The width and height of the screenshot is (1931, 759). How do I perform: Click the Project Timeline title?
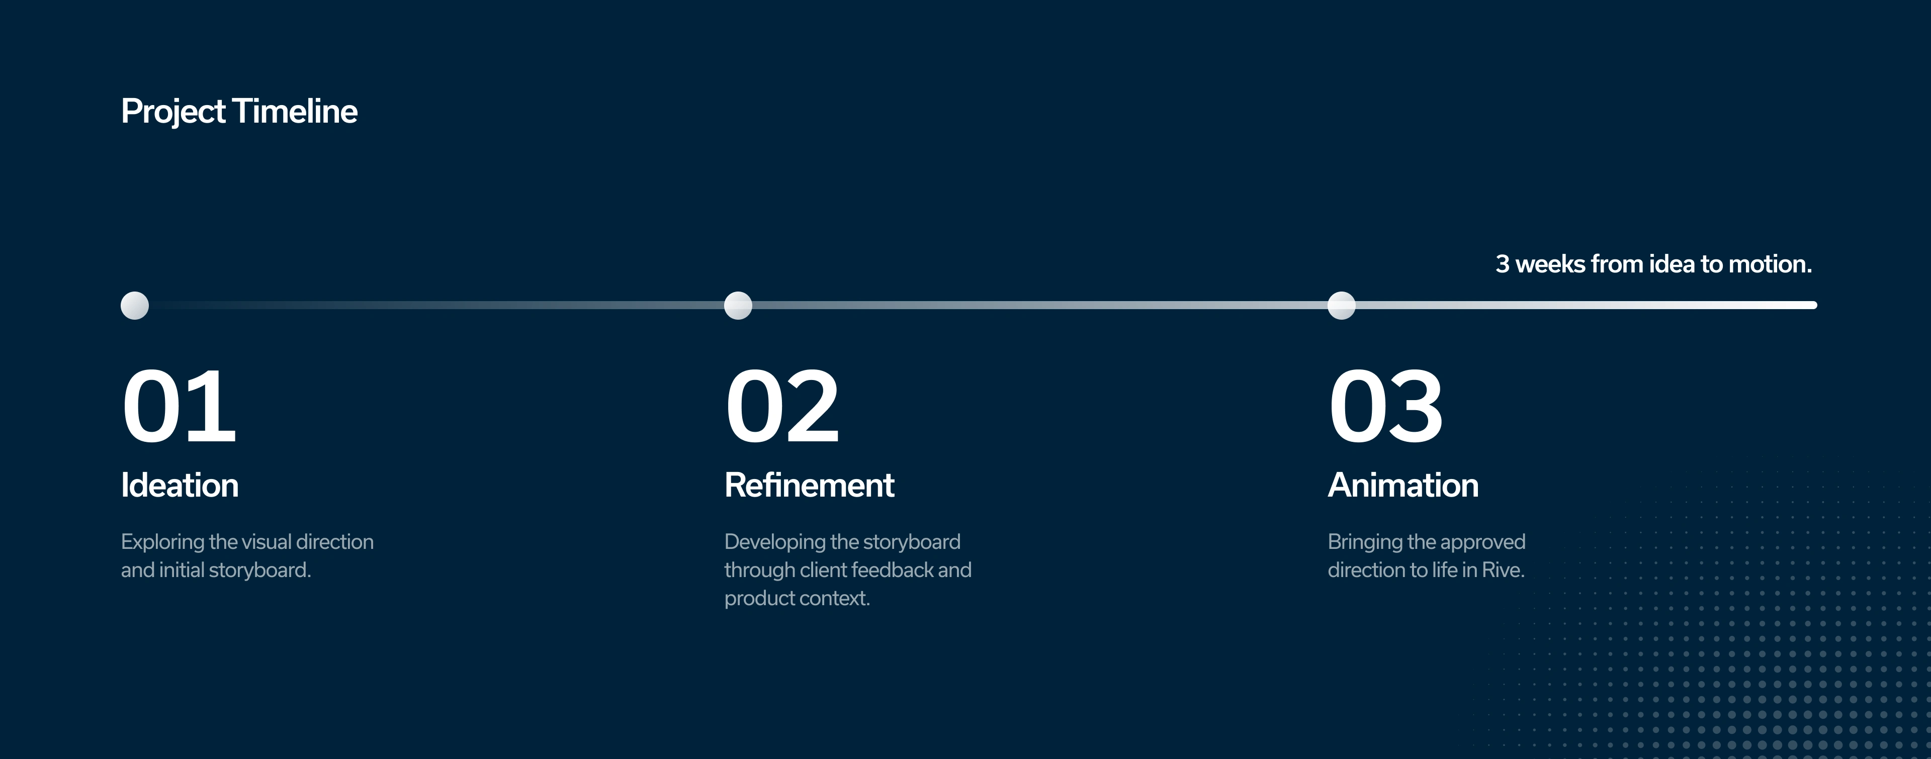coord(239,112)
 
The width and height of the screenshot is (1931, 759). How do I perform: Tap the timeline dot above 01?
coord(135,306)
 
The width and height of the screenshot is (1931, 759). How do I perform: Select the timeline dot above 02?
coord(738,306)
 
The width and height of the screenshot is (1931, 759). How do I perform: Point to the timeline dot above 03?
coord(1342,306)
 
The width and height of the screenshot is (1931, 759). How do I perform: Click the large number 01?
coord(179,407)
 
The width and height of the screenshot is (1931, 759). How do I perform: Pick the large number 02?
coord(782,407)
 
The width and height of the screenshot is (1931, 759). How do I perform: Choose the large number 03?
coord(1386,407)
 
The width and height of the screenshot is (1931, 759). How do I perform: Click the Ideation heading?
coord(180,486)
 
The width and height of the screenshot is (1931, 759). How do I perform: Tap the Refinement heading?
coord(810,486)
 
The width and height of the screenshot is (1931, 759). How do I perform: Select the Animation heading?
coord(1403,486)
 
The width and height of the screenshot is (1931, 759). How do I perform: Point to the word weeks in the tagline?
coord(1550,264)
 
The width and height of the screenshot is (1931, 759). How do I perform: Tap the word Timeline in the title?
coord(295,112)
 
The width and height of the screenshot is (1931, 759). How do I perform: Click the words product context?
coord(797,599)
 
